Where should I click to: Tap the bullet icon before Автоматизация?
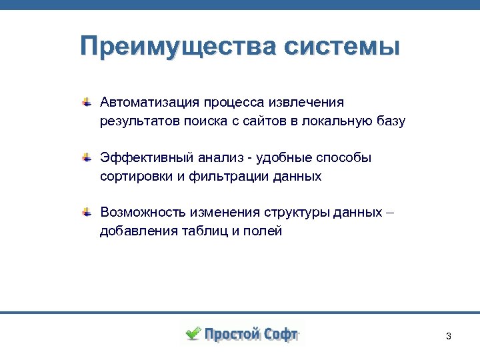87,103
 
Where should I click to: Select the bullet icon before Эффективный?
87,158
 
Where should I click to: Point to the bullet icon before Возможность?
87,213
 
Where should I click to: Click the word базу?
389,122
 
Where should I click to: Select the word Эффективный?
145,158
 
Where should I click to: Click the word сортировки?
135,177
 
